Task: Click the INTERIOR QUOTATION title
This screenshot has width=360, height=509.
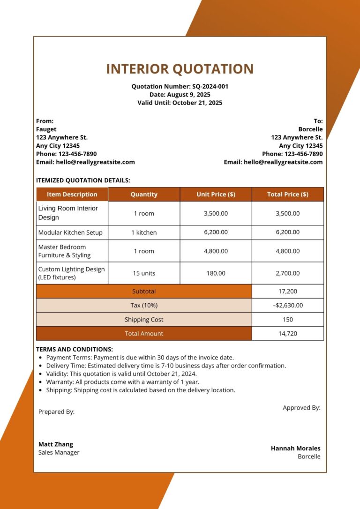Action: click(180, 69)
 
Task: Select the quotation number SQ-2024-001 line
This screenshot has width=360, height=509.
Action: click(180, 87)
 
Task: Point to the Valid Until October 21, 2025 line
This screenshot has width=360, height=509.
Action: click(180, 103)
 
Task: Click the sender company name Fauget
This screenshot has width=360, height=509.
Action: click(46, 129)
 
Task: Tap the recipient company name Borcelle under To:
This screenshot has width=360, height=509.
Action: click(310, 129)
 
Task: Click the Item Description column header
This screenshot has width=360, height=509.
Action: click(72, 195)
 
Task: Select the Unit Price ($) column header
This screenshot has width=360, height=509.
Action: click(216, 195)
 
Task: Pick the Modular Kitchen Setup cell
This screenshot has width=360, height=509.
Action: click(70, 232)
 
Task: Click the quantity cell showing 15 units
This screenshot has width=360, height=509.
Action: click(144, 273)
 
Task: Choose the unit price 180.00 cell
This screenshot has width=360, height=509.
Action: click(216, 273)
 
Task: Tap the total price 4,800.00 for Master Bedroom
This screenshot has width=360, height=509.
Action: click(287, 251)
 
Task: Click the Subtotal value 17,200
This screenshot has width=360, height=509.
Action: click(287, 292)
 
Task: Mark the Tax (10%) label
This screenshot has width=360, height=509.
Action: click(144, 306)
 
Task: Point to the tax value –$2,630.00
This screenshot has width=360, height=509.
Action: click(287, 306)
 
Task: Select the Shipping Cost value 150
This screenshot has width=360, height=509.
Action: click(287, 320)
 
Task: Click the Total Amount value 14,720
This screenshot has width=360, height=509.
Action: click(287, 334)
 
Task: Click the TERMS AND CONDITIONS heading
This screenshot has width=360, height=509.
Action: click(75, 350)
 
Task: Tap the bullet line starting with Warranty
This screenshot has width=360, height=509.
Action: click(122, 382)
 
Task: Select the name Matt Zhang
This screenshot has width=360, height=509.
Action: click(56, 444)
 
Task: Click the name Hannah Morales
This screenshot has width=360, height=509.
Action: click(295, 449)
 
